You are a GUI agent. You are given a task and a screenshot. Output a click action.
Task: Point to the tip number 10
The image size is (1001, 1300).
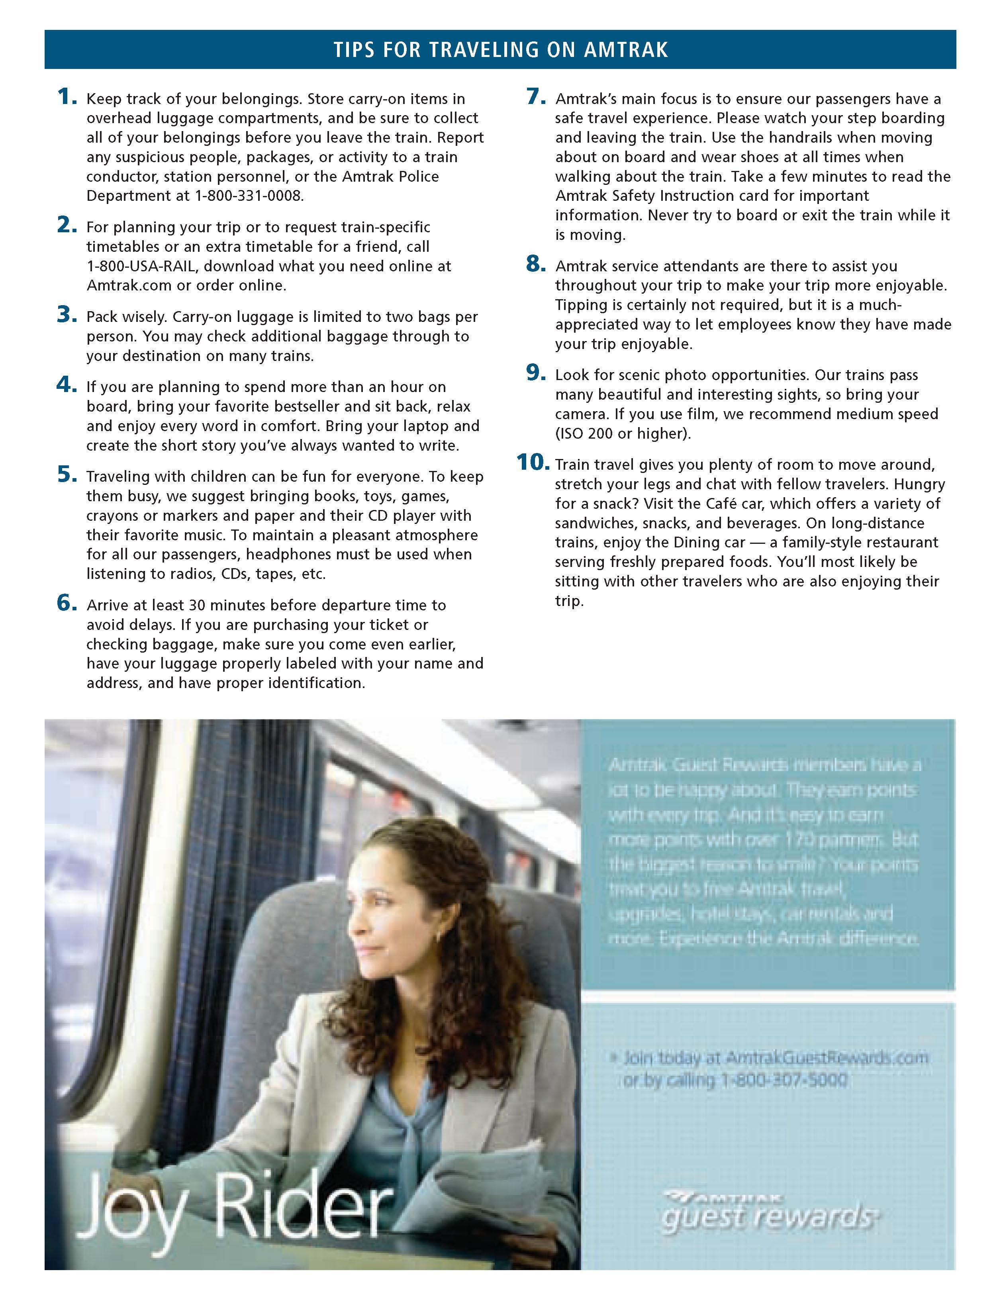(x=533, y=463)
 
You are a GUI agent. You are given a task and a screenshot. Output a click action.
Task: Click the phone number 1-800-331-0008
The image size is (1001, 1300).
(x=249, y=196)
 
